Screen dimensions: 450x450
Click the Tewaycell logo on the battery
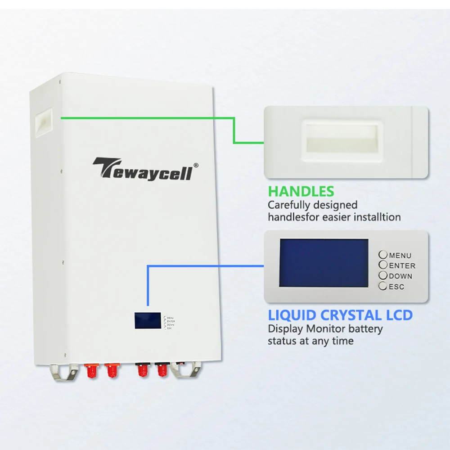142,169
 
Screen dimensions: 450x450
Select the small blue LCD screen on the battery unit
147,320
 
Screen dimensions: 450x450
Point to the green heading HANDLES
301,191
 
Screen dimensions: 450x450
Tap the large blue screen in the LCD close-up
324,263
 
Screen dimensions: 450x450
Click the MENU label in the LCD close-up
400,256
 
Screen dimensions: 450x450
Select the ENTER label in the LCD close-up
402,266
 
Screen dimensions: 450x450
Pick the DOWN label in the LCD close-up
400,276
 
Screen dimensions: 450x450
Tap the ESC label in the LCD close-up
396,287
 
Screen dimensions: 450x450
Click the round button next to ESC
382,286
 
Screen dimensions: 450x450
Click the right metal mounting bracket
186,371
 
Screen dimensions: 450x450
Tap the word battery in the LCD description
364,329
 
